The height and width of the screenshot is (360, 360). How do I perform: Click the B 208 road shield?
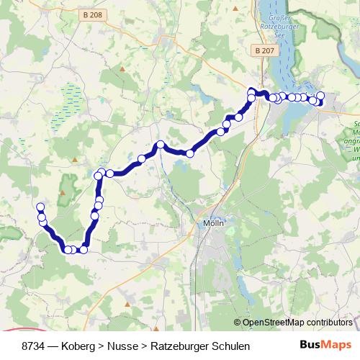[91, 15]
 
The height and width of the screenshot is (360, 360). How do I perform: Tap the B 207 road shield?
[264, 50]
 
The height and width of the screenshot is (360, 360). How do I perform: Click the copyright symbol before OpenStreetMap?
[238, 323]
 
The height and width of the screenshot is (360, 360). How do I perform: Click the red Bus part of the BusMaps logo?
[312, 346]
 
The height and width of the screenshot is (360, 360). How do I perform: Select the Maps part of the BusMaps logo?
[338, 346]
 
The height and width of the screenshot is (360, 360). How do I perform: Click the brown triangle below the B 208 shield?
[123, 69]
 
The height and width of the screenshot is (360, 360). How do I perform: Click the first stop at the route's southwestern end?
[40, 207]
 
